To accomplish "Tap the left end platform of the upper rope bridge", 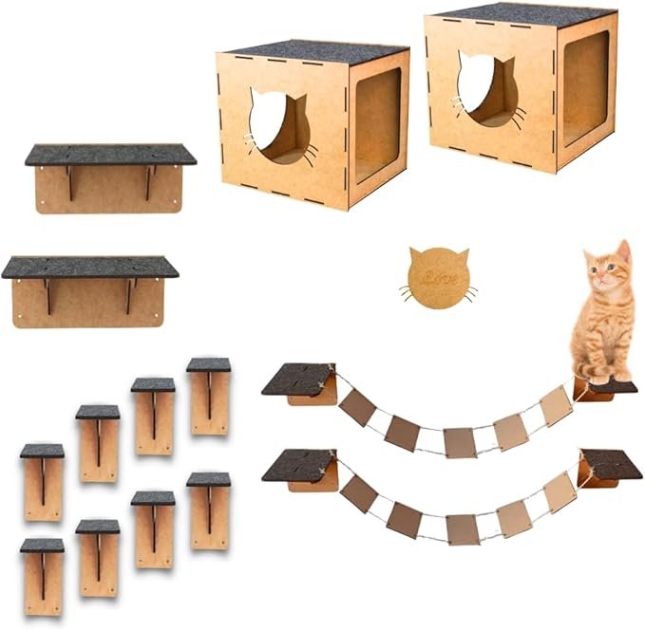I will pyautogui.click(x=298, y=380).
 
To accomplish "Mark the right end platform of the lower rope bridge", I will pyautogui.click(x=610, y=465).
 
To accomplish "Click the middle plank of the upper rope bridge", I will pyautogui.click(x=459, y=441).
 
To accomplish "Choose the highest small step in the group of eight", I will pyautogui.click(x=209, y=394).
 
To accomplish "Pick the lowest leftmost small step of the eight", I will pyautogui.click(x=43, y=574).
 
